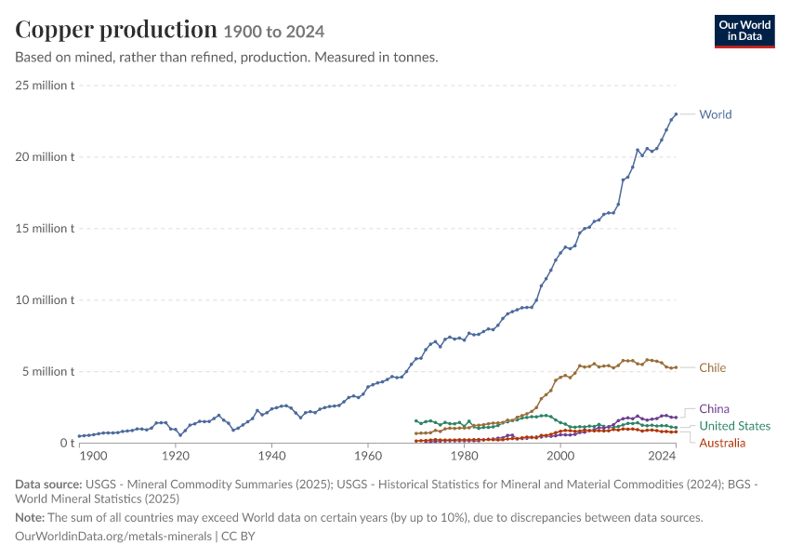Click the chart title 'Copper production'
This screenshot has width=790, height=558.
(x=116, y=31)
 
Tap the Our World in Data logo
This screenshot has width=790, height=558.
(x=744, y=32)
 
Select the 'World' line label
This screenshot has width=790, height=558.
(x=715, y=114)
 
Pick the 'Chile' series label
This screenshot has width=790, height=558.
(x=713, y=368)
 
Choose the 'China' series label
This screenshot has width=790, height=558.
(x=714, y=409)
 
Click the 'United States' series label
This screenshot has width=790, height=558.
(x=734, y=426)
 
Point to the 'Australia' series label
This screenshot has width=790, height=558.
(x=722, y=443)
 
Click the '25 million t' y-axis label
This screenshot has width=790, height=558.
(x=45, y=86)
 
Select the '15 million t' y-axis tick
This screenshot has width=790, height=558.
(x=45, y=229)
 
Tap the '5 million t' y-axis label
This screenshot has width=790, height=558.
(x=47, y=371)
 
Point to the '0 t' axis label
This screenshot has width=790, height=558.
(x=67, y=443)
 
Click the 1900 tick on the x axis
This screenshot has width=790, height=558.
(x=94, y=457)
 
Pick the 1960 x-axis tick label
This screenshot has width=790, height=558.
(x=368, y=457)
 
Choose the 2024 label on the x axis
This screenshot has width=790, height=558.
(x=662, y=457)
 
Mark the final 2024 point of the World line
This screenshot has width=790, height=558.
(x=676, y=114)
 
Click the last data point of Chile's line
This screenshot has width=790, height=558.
(x=676, y=367)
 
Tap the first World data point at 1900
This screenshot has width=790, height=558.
(x=79, y=436)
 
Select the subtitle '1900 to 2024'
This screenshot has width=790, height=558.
(x=274, y=32)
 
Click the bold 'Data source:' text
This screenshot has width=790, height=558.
(x=48, y=485)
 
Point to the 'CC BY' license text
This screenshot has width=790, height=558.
(x=238, y=537)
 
